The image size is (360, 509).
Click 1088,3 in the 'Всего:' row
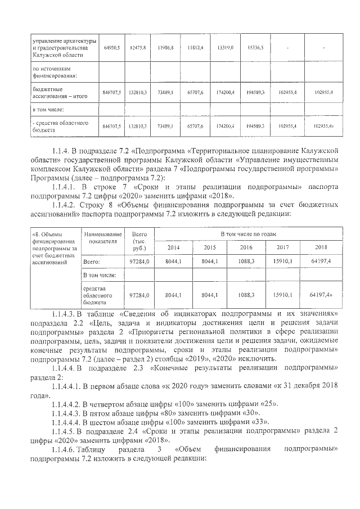(x=246, y=262)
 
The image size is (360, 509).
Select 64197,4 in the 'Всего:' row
(x=321, y=262)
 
